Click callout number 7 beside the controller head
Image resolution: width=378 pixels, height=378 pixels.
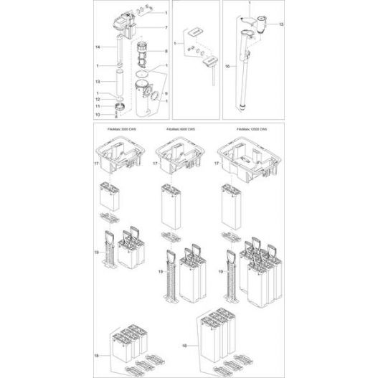pos(166,28)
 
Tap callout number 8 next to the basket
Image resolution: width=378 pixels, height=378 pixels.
pos(166,52)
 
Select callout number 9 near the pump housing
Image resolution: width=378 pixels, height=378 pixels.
pos(166,93)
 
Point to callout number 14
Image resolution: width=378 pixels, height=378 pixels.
pos(97,47)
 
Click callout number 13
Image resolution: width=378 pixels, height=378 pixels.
pos(97,82)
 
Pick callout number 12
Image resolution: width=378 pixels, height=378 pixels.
pos(97,100)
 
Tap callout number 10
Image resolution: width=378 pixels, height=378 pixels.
pos(97,113)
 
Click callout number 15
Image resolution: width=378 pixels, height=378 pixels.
pos(281,24)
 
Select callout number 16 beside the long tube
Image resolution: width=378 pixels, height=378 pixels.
pos(228,65)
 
